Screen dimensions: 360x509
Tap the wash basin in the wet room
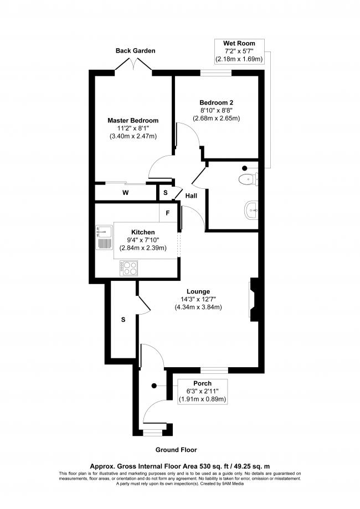251,210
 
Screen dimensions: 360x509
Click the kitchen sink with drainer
104,238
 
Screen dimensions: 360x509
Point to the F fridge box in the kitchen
168,213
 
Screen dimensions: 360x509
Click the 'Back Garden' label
135,50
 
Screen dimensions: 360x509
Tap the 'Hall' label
191,196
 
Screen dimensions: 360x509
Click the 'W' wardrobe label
126,193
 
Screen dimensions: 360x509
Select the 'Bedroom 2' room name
216,102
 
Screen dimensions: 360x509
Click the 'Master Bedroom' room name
133,120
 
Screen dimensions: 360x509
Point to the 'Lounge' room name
198,291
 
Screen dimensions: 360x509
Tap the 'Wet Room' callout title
239,43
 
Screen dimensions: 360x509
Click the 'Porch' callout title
202,383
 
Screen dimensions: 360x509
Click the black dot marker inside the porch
154,385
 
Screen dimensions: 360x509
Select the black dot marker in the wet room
244,168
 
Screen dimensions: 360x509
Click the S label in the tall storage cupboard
123,320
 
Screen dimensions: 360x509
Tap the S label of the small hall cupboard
165,193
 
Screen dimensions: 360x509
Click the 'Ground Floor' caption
176,450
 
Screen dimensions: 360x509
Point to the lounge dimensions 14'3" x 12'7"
198,299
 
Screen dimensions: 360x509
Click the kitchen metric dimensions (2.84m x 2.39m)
143,248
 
